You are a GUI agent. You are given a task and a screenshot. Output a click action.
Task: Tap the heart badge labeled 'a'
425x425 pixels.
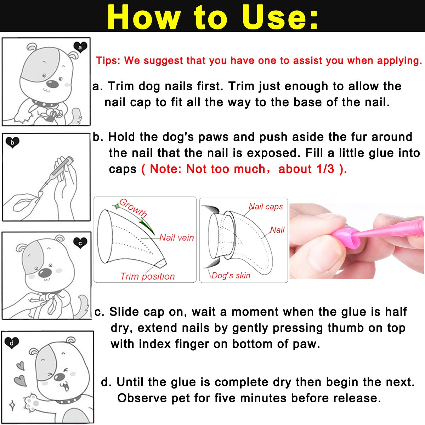click(80, 47)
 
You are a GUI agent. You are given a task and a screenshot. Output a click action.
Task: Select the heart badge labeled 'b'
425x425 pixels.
click(12, 142)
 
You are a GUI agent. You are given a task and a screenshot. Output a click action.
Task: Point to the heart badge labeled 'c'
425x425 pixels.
click(80, 243)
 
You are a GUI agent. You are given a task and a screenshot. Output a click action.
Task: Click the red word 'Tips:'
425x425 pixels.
click(108, 61)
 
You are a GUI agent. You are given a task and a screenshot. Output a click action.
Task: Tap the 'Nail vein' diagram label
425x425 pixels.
click(176, 237)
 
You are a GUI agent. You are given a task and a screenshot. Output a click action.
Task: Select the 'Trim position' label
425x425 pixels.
click(147, 276)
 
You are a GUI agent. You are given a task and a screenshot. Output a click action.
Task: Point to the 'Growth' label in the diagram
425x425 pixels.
click(133, 208)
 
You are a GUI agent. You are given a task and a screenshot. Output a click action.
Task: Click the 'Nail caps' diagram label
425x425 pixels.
click(266, 206)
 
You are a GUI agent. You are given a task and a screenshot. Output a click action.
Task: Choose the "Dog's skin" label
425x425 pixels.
click(231, 276)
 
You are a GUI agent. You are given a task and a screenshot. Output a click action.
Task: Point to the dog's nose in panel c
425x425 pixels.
click(45, 272)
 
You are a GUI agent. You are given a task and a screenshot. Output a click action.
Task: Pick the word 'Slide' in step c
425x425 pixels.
click(124, 312)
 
